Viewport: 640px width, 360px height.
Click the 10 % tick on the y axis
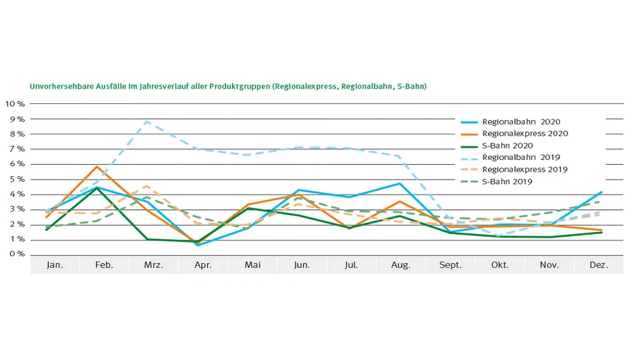click(15, 104)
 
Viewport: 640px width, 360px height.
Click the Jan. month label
click(54, 265)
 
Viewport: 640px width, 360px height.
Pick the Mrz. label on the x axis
click(153, 265)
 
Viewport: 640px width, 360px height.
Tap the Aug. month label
click(400, 265)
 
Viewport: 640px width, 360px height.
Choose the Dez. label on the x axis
click(599, 265)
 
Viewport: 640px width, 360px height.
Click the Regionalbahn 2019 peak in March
click(146, 121)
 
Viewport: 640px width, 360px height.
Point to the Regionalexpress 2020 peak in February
click(97, 166)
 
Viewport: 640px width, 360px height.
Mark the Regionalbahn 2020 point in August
click(400, 183)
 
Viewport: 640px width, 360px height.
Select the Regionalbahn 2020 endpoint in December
click(601, 192)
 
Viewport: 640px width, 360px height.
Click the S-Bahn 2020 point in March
click(146, 239)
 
